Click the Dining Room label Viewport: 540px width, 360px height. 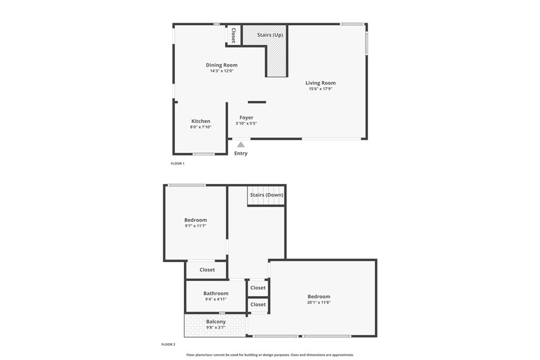tap(221, 65)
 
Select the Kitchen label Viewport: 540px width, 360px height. tap(200, 121)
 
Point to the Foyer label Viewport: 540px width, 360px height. tap(246, 118)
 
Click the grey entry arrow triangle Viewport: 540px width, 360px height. tap(240, 144)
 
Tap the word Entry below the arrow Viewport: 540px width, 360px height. tap(240, 153)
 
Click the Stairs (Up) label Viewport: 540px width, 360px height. tap(270, 35)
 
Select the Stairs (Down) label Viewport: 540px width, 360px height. tap(266, 195)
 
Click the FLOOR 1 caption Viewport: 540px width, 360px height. tap(177, 163)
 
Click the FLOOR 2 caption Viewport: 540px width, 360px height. tap(168, 344)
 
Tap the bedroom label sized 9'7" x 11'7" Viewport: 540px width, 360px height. tap(195, 220)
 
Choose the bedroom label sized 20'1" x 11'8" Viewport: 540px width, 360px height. tap(319, 297)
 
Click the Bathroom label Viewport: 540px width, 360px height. tap(216, 294)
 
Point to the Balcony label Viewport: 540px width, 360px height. tap(216, 322)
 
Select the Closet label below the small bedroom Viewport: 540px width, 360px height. tap(207, 270)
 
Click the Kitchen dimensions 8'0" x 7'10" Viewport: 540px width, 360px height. tap(200, 127)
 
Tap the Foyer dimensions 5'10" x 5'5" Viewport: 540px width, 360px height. tap(246, 123)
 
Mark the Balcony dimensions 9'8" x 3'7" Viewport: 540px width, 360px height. tap(216, 327)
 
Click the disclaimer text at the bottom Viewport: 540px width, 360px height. tap(270, 355)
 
